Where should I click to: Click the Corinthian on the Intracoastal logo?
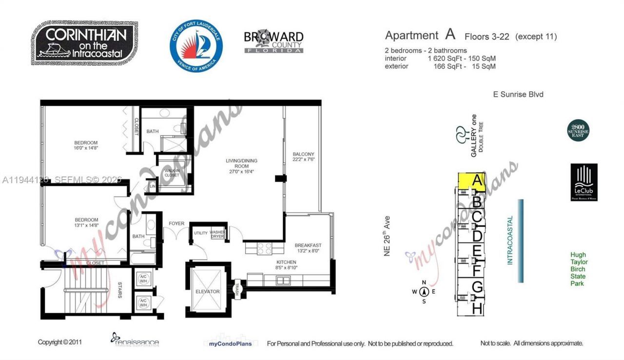coord(86,43)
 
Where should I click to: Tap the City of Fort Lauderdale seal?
coord(196,46)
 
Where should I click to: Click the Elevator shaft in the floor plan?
coord(208,291)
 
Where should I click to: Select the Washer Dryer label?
coord(217,234)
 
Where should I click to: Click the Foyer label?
coord(176,223)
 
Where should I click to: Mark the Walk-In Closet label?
coord(172,172)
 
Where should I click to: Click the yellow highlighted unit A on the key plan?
coord(472,181)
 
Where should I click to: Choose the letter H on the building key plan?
coord(477,308)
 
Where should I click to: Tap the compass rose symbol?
coord(424,292)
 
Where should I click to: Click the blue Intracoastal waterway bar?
coord(521,240)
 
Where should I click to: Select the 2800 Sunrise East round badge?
coord(579,131)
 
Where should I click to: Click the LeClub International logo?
coord(584,182)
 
